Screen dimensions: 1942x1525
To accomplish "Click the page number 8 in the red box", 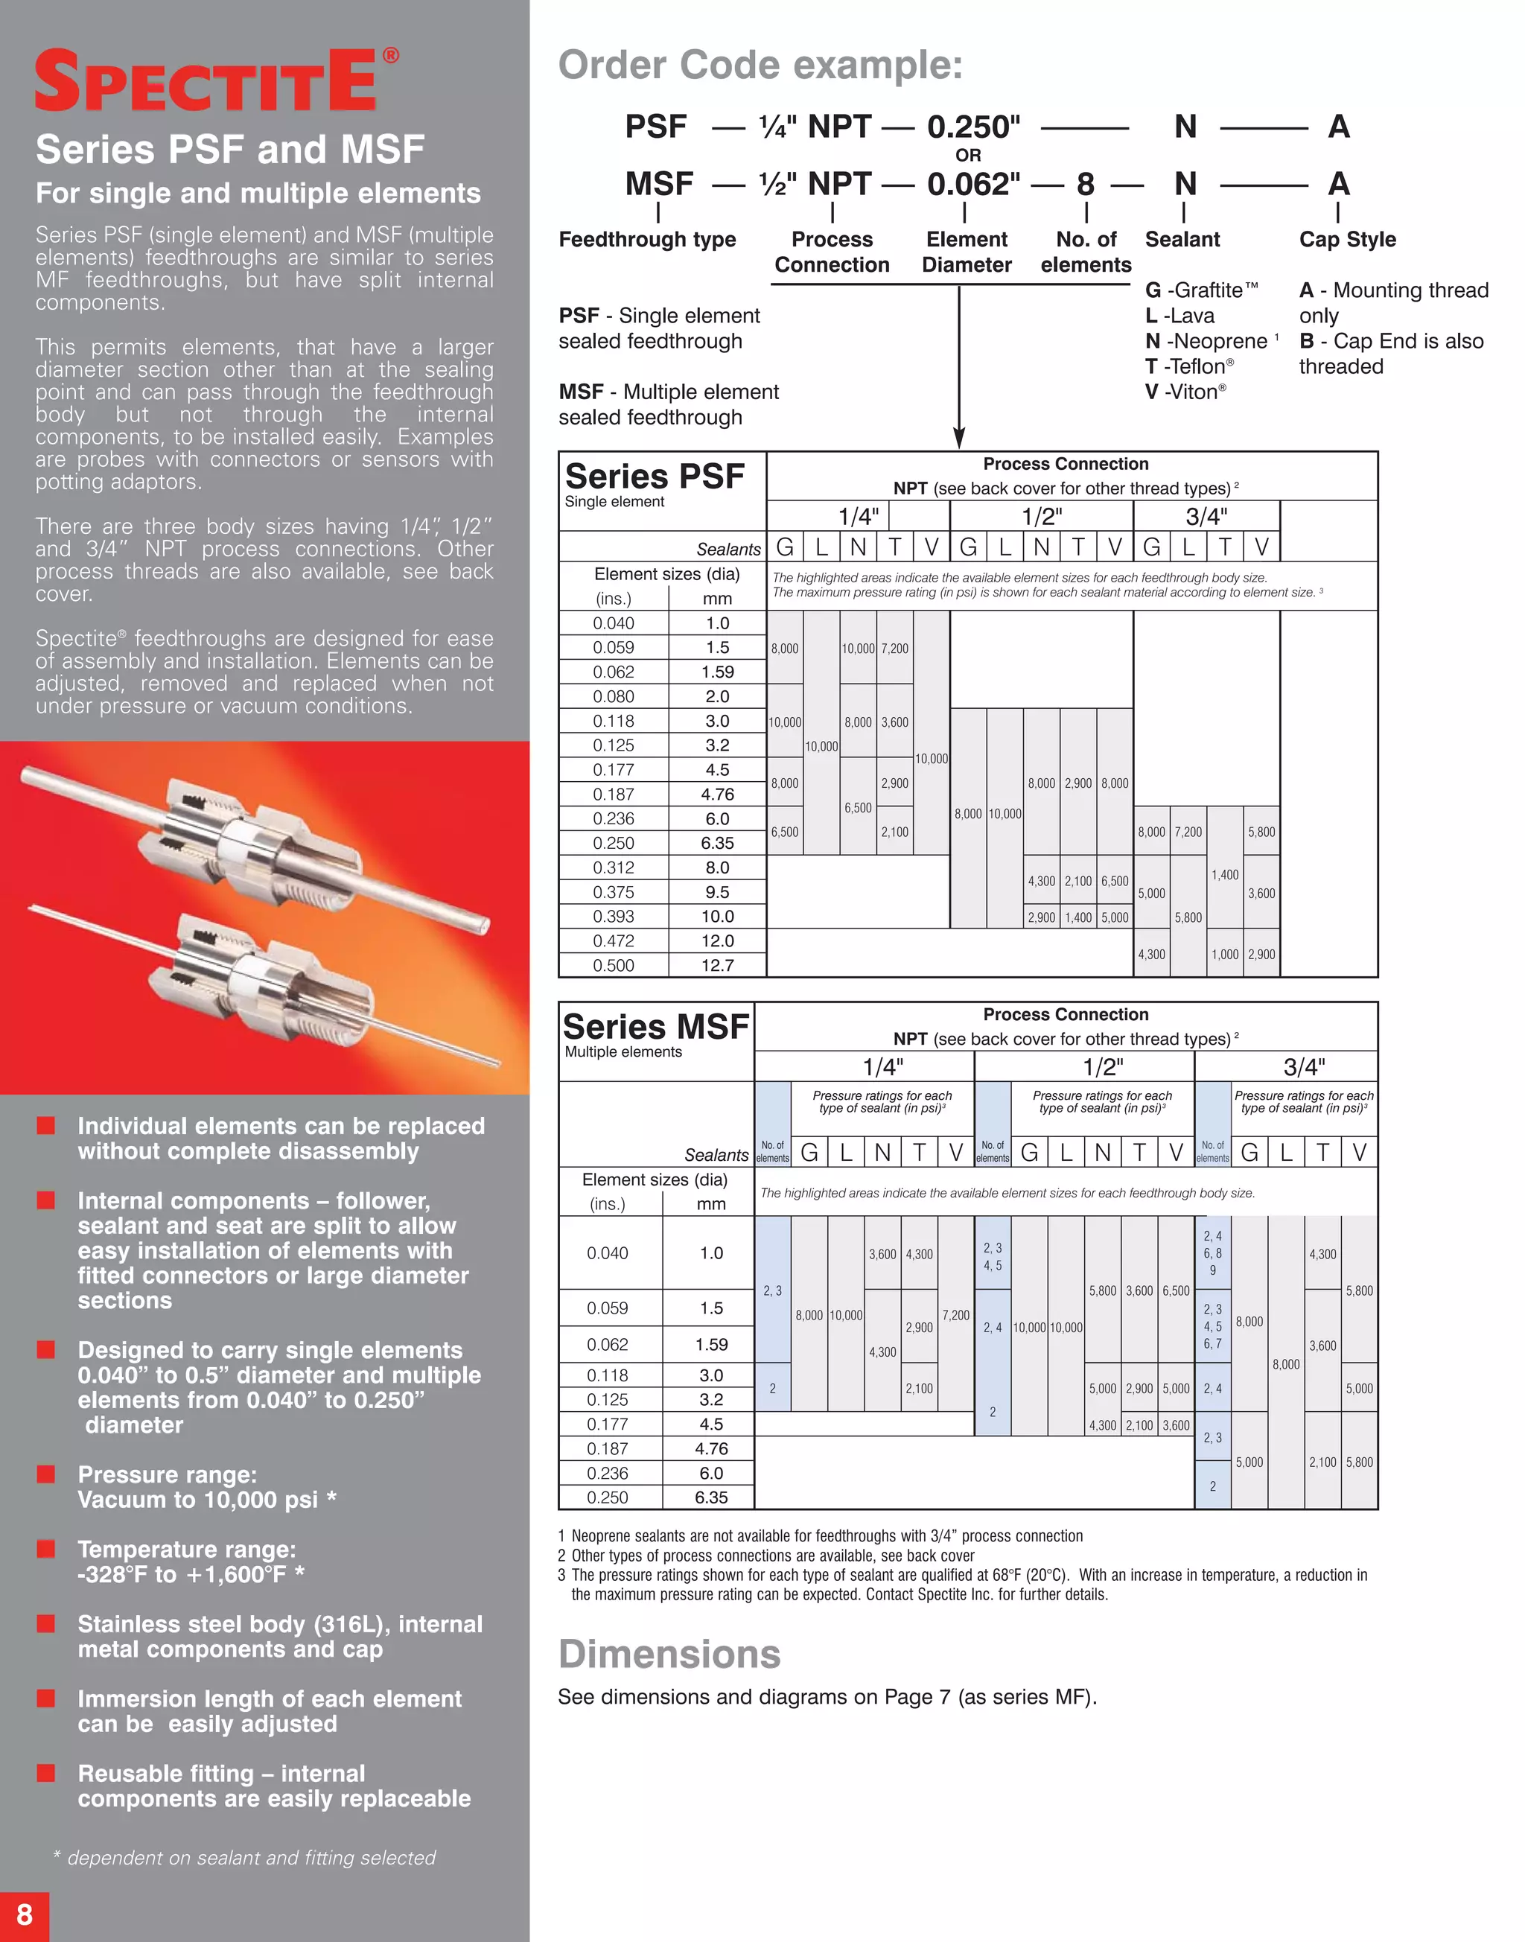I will tap(24, 1914).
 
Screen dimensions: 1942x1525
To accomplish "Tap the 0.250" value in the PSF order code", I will tap(972, 127).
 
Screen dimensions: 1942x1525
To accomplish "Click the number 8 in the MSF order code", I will tap(1085, 184).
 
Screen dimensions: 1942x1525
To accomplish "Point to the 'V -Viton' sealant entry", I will tap(1185, 392).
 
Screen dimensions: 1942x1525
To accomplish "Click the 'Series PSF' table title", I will tap(655, 476).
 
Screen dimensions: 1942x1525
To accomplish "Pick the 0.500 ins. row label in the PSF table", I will tap(614, 965).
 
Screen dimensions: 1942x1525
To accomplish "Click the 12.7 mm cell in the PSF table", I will tap(717, 965).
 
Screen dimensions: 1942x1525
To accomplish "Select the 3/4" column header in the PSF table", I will tap(1206, 516).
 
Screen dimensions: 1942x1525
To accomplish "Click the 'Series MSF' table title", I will tap(655, 1027).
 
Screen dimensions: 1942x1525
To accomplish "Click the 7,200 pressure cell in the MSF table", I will tap(955, 1315).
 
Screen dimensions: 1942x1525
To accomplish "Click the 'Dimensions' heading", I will tap(669, 1654).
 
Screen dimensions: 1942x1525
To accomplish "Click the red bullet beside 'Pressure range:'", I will tap(45, 1474).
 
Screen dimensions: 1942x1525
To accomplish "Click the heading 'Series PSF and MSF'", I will tap(229, 149).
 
